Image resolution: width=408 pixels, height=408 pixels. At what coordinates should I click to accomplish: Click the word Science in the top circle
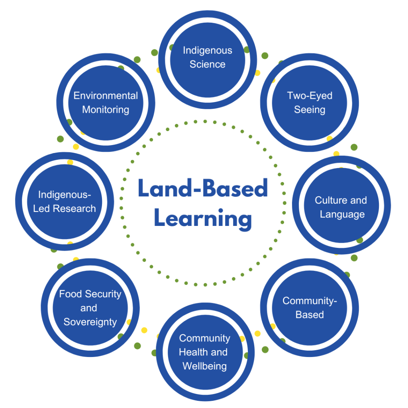[x=208, y=65]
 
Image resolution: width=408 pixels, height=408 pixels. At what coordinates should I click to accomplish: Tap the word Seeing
[x=310, y=110]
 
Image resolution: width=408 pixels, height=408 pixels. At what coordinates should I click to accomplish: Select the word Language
[x=342, y=214]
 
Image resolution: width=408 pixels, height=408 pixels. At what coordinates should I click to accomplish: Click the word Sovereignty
[x=90, y=322]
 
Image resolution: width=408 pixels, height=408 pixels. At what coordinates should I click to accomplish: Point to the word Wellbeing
[x=205, y=366]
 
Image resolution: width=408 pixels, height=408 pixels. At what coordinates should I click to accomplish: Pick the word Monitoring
[x=106, y=110]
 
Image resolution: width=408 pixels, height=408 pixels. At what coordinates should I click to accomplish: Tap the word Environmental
[x=106, y=96]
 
